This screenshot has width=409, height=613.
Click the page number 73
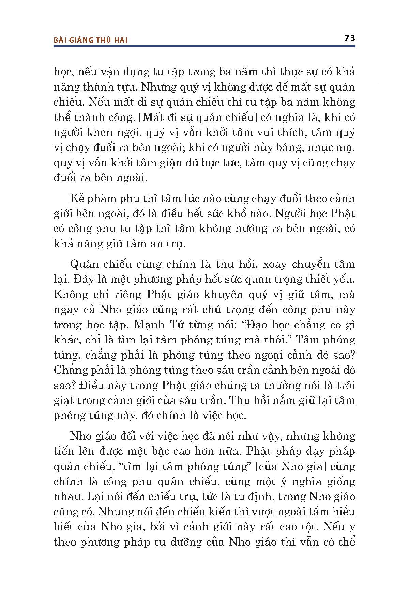pos(350,38)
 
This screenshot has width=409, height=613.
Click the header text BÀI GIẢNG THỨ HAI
pos(91,40)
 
